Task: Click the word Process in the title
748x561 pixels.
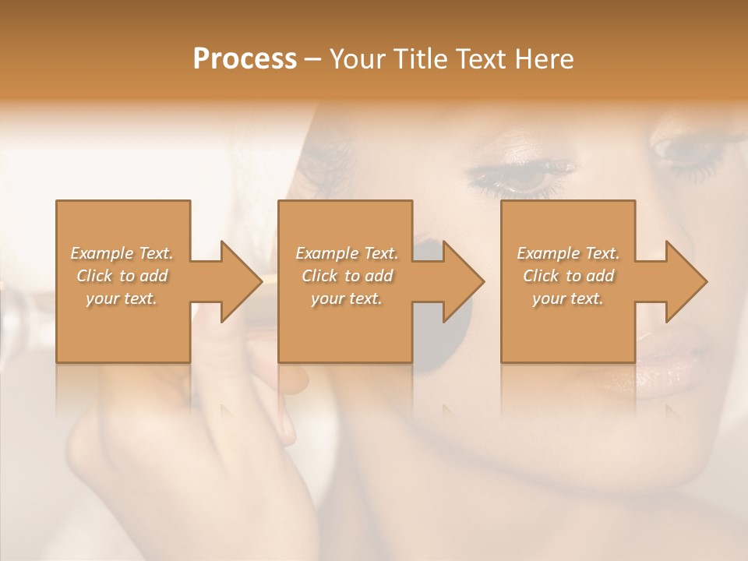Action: pyautogui.click(x=245, y=59)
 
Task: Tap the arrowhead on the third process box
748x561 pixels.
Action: pyautogui.click(x=685, y=281)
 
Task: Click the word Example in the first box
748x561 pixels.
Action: pyautogui.click(x=101, y=253)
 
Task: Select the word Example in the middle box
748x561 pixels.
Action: pyautogui.click(x=326, y=253)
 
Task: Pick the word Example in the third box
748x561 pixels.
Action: pyautogui.click(x=548, y=253)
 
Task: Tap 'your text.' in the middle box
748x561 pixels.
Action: pyautogui.click(x=346, y=299)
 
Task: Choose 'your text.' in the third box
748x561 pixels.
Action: pyautogui.click(x=568, y=299)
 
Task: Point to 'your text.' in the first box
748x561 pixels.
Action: pyautogui.click(x=122, y=299)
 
